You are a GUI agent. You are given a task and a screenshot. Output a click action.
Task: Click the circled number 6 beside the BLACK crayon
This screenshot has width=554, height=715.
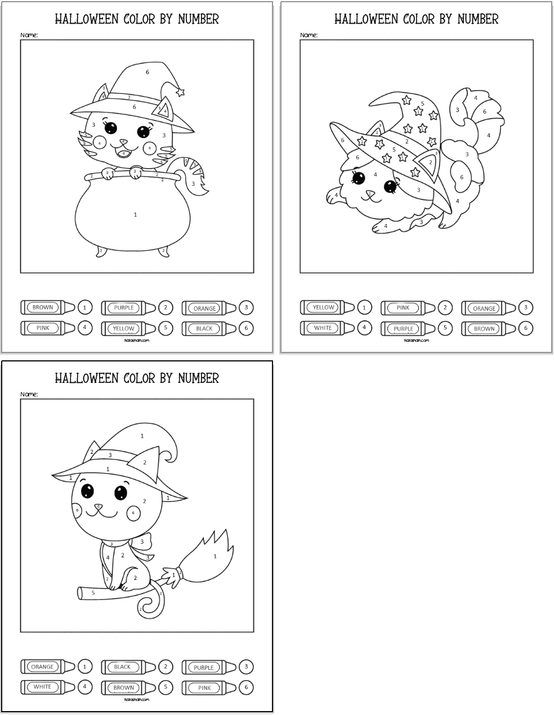(x=246, y=328)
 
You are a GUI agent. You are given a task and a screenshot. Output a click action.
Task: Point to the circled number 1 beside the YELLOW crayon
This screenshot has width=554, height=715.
(x=364, y=307)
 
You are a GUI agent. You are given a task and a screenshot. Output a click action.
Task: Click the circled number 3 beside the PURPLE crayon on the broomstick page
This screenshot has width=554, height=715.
(x=246, y=667)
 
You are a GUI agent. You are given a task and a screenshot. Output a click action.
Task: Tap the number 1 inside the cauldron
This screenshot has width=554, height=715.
(x=136, y=214)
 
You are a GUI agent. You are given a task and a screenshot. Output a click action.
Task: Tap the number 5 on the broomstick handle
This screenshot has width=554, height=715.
(x=93, y=593)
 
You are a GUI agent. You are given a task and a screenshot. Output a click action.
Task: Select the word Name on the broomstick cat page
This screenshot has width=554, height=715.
(x=29, y=394)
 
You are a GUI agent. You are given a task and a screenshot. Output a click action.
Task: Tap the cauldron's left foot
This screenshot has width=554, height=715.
(x=101, y=251)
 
